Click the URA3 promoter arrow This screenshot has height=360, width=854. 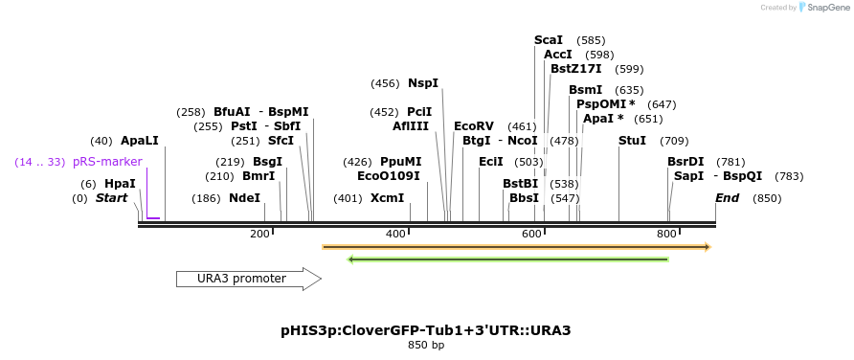pos(247,279)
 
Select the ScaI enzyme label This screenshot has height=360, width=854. pos(549,40)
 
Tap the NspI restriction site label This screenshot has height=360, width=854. pos(423,83)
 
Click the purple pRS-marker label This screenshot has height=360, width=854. pos(107,162)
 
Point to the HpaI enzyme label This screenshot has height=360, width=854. pos(120,184)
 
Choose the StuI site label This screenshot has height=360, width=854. pos(632,141)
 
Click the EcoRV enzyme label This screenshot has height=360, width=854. pos(474,126)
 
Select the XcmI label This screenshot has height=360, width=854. pos(388,198)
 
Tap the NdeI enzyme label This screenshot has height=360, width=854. pos(244,198)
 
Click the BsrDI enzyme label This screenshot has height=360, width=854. pos(685,162)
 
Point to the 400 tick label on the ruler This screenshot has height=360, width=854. pos(395,235)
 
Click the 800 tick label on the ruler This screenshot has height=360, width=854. pos(666,235)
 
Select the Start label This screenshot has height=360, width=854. pos(111,198)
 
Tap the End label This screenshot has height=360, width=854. pos(727,198)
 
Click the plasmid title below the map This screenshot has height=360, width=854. pos(426,330)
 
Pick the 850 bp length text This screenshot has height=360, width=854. pos(426,345)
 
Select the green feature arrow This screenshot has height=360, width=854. pos(507,259)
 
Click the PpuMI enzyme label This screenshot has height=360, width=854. pos(400,162)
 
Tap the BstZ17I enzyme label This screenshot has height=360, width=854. pos(576,69)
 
